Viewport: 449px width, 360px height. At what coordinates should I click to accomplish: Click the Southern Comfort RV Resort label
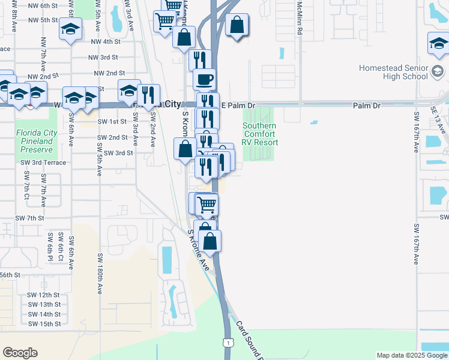click(x=260, y=134)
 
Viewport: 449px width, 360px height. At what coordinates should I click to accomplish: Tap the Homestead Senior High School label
click(x=393, y=72)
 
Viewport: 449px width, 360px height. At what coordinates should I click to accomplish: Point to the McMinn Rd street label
click(x=298, y=17)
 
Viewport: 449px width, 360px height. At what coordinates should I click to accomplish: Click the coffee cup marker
click(x=204, y=79)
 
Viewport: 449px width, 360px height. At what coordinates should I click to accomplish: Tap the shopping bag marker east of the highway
click(x=238, y=26)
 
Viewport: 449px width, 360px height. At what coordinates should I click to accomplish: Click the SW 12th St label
click(x=43, y=295)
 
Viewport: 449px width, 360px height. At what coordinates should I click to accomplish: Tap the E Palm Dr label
click(x=238, y=105)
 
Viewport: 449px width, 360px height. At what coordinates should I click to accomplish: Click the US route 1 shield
click(x=228, y=342)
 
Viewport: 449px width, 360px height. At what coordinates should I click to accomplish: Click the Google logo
click(x=20, y=353)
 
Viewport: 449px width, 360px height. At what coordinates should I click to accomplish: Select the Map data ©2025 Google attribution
click(x=411, y=355)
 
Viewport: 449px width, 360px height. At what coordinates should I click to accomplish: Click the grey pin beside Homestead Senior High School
click(x=438, y=74)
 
